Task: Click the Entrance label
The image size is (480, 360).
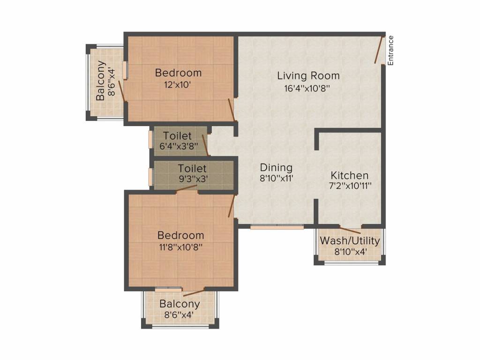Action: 390,51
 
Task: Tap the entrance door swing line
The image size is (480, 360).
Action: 379,50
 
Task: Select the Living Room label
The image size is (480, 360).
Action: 308,75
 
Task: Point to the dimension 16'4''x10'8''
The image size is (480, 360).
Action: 307,89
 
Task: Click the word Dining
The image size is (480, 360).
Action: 276,168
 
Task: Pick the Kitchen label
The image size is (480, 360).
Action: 349,175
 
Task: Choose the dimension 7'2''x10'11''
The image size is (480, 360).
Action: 350,186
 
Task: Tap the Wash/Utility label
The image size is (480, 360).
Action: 350,240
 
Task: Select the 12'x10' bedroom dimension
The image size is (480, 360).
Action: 178,84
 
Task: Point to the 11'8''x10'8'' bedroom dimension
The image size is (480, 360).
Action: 180,247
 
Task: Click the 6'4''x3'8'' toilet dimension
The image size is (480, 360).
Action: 179,146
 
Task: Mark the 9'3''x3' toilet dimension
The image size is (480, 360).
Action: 194,179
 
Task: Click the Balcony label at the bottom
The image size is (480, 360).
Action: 180,304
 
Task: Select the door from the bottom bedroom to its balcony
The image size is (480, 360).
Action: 194,292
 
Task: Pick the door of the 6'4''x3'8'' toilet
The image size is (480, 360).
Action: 206,145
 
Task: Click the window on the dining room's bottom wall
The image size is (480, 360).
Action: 277,227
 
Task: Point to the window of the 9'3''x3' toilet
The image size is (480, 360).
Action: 150,176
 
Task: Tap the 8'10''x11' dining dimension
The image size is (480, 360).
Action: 277,178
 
